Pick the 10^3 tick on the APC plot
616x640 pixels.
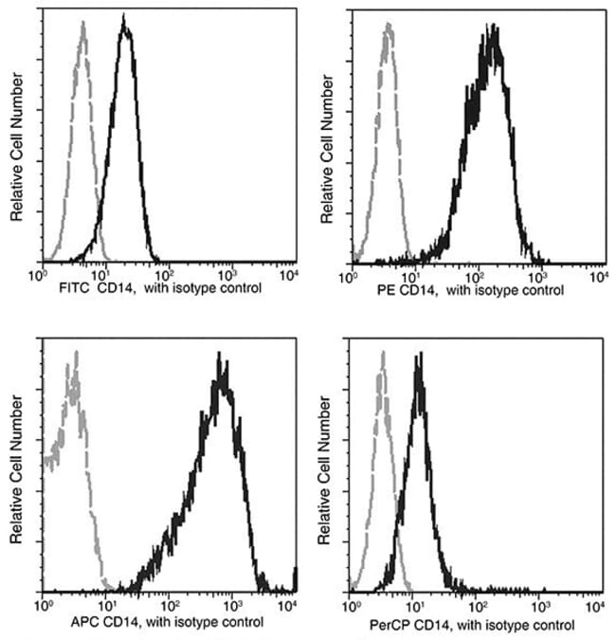click(231, 604)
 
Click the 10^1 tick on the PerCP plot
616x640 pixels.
click(414, 604)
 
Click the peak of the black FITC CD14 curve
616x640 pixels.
click(125, 27)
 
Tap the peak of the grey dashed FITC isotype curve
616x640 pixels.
click(83, 28)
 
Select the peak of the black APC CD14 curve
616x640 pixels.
click(219, 358)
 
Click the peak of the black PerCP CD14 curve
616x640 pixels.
click(418, 357)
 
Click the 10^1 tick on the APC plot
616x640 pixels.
click(106, 604)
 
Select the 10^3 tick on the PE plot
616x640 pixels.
click(537, 274)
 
